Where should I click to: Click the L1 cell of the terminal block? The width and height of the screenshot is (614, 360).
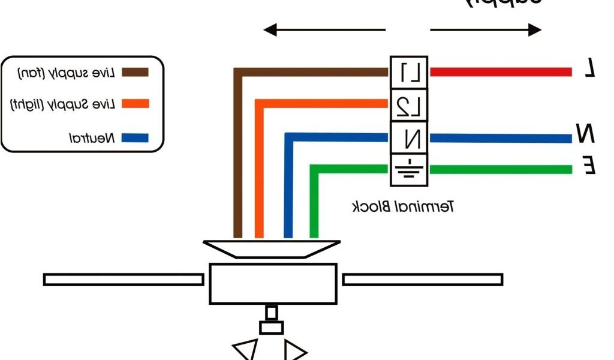(x=410, y=73)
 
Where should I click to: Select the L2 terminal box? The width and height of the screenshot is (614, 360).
(x=410, y=105)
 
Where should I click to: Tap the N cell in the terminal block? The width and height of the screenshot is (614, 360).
(x=410, y=138)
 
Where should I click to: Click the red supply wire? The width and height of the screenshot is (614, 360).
(x=501, y=73)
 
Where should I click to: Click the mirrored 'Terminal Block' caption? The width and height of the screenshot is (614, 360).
(x=402, y=208)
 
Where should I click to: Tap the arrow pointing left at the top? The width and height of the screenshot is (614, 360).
(x=324, y=29)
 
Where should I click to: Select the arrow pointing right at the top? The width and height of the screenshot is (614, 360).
(x=486, y=29)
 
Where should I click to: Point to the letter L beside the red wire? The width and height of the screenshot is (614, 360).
(x=590, y=70)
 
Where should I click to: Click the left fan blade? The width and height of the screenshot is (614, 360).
(x=124, y=280)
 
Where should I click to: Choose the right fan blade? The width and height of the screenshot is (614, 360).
(x=422, y=280)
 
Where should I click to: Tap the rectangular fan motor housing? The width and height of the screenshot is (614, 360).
(x=273, y=283)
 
